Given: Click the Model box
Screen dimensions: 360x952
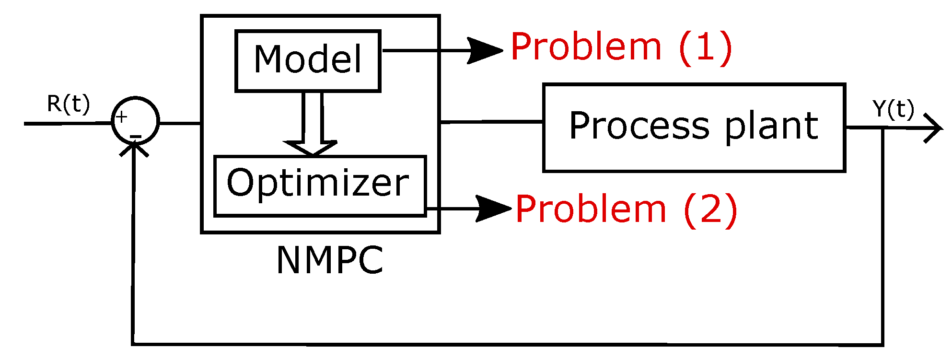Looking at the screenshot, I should (x=308, y=60).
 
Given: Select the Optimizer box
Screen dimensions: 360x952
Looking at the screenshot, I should (x=319, y=186).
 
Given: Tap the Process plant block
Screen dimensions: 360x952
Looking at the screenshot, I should (x=694, y=128).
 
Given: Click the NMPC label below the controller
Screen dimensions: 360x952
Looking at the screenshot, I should (x=330, y=261).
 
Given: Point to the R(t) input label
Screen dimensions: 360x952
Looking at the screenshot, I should (x=68, y=104).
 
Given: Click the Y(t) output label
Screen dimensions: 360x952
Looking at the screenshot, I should (x=893, y=109).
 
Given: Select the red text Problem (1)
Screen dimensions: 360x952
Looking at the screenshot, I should (x=621, y=47).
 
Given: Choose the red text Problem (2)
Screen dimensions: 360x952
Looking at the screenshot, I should (x=626, y=209).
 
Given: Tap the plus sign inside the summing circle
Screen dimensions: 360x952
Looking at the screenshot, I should (x=122, y=117).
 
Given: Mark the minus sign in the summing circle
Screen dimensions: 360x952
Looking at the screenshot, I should (x=136, y=138).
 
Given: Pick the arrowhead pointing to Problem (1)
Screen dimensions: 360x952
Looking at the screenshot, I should (x=484, y=50).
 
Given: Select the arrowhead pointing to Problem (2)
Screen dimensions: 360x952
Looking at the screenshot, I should (x=492, y=209).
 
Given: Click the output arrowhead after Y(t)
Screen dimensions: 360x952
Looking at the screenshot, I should (x=933, y=128).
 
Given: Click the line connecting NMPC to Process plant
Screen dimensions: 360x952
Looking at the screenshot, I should (x=491, y=122).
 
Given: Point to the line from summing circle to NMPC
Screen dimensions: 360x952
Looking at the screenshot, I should (x=180, y=123).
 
